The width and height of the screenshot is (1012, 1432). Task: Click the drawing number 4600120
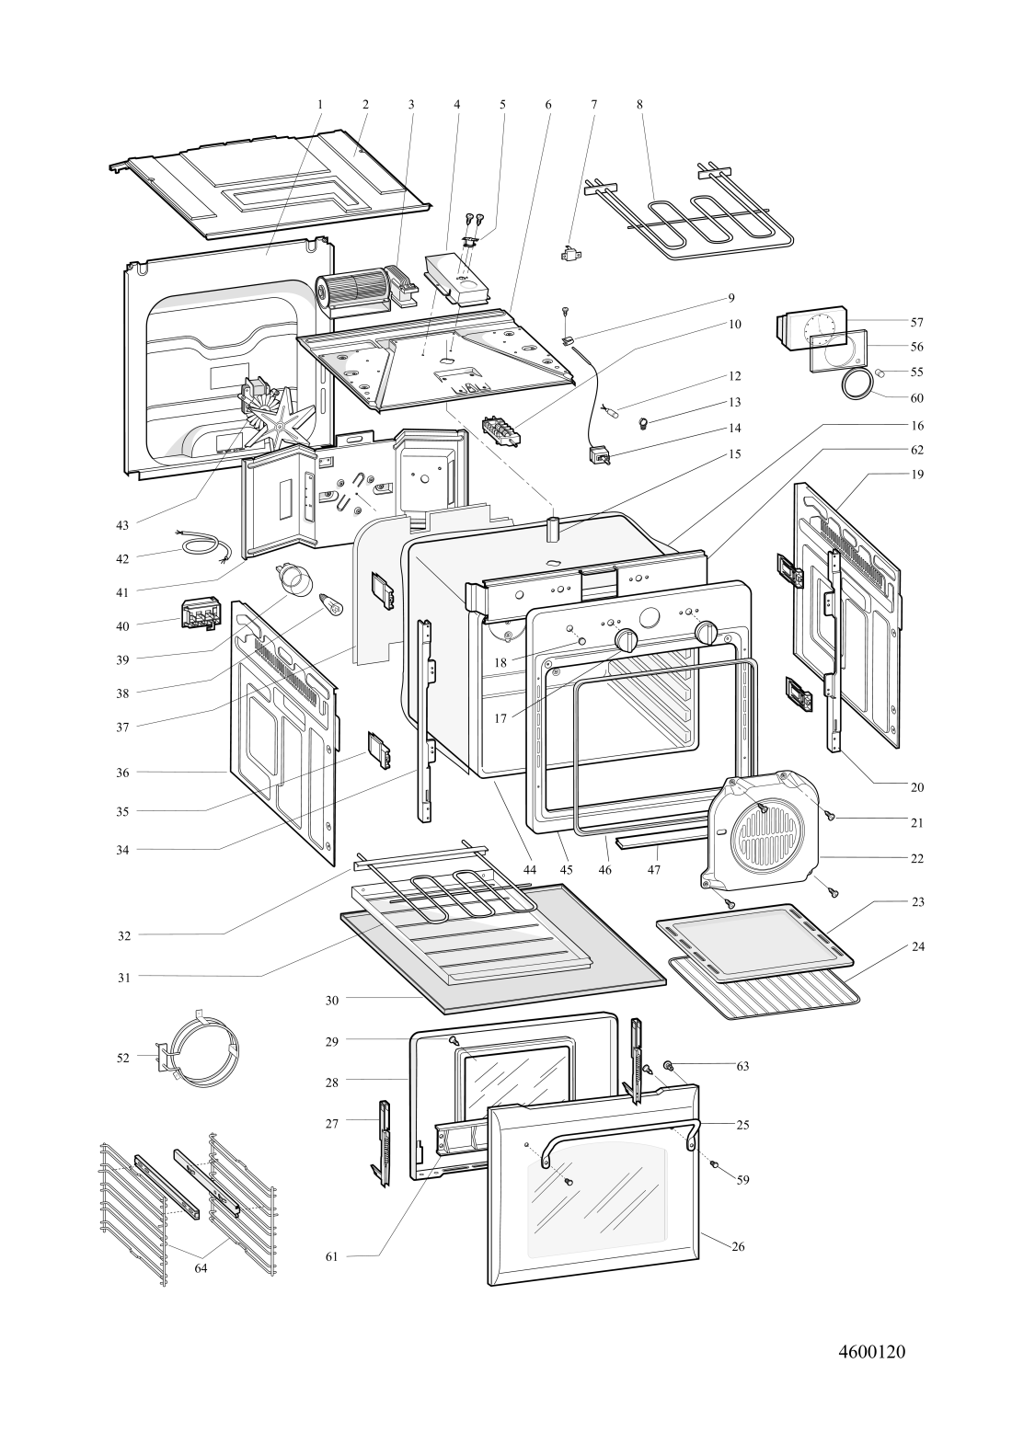click(872, 1351)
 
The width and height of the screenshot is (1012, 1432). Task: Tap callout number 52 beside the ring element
click(123, 1058)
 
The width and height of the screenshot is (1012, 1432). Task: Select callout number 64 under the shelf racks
click(201, 1267)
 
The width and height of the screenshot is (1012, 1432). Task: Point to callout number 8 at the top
click(639, 105)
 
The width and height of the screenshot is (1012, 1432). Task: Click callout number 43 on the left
click(122, 525)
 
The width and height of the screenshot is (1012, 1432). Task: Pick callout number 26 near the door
click(738, 1247)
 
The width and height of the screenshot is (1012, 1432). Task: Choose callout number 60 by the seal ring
click(916, 398)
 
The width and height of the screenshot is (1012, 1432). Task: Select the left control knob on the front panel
click(627, 640)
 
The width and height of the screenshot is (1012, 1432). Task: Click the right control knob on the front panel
click(707, 633)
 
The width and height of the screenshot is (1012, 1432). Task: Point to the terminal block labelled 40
click(199, 613)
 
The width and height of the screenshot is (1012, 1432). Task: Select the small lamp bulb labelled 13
click(641, 423)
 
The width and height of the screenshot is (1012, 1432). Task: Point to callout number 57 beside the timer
click(916, 323)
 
